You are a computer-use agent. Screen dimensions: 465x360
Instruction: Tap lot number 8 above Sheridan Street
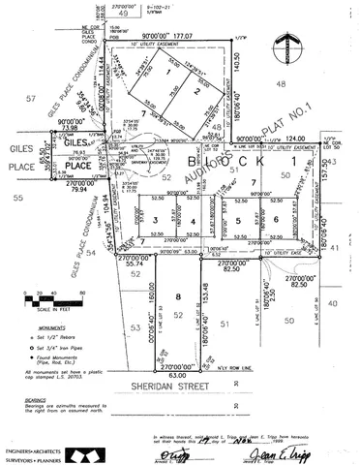178,297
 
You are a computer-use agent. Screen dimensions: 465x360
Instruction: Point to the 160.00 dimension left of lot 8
149,292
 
